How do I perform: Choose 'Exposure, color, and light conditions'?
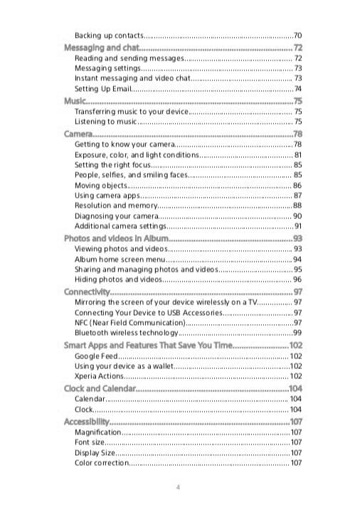136,155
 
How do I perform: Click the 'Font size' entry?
90,442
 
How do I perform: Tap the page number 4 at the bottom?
178,486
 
